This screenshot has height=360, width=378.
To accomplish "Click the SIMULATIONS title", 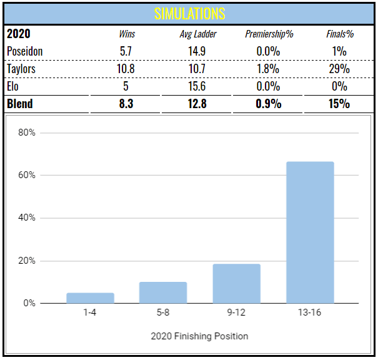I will point(189,13).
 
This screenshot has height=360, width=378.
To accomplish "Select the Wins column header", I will point(127,34).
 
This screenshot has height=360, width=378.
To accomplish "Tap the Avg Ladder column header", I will point(197,34).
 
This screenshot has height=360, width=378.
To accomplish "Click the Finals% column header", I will point(339,34).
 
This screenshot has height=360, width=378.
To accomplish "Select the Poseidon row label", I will point(24,51).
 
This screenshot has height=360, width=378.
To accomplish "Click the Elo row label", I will point(12,86).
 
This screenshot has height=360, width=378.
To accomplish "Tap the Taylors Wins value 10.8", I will point(126,69).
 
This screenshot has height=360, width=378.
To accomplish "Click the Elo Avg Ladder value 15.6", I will point(197,86).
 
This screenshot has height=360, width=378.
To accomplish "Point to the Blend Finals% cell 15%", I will point(339,104).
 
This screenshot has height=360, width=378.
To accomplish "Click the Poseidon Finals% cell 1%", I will point(339,51).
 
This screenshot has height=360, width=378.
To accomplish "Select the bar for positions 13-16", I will point(310,232).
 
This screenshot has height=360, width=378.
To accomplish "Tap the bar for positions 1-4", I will point(90,298).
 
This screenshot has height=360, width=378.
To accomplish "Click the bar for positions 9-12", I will point(236,284).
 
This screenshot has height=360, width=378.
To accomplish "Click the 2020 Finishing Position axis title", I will point(199,336).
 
